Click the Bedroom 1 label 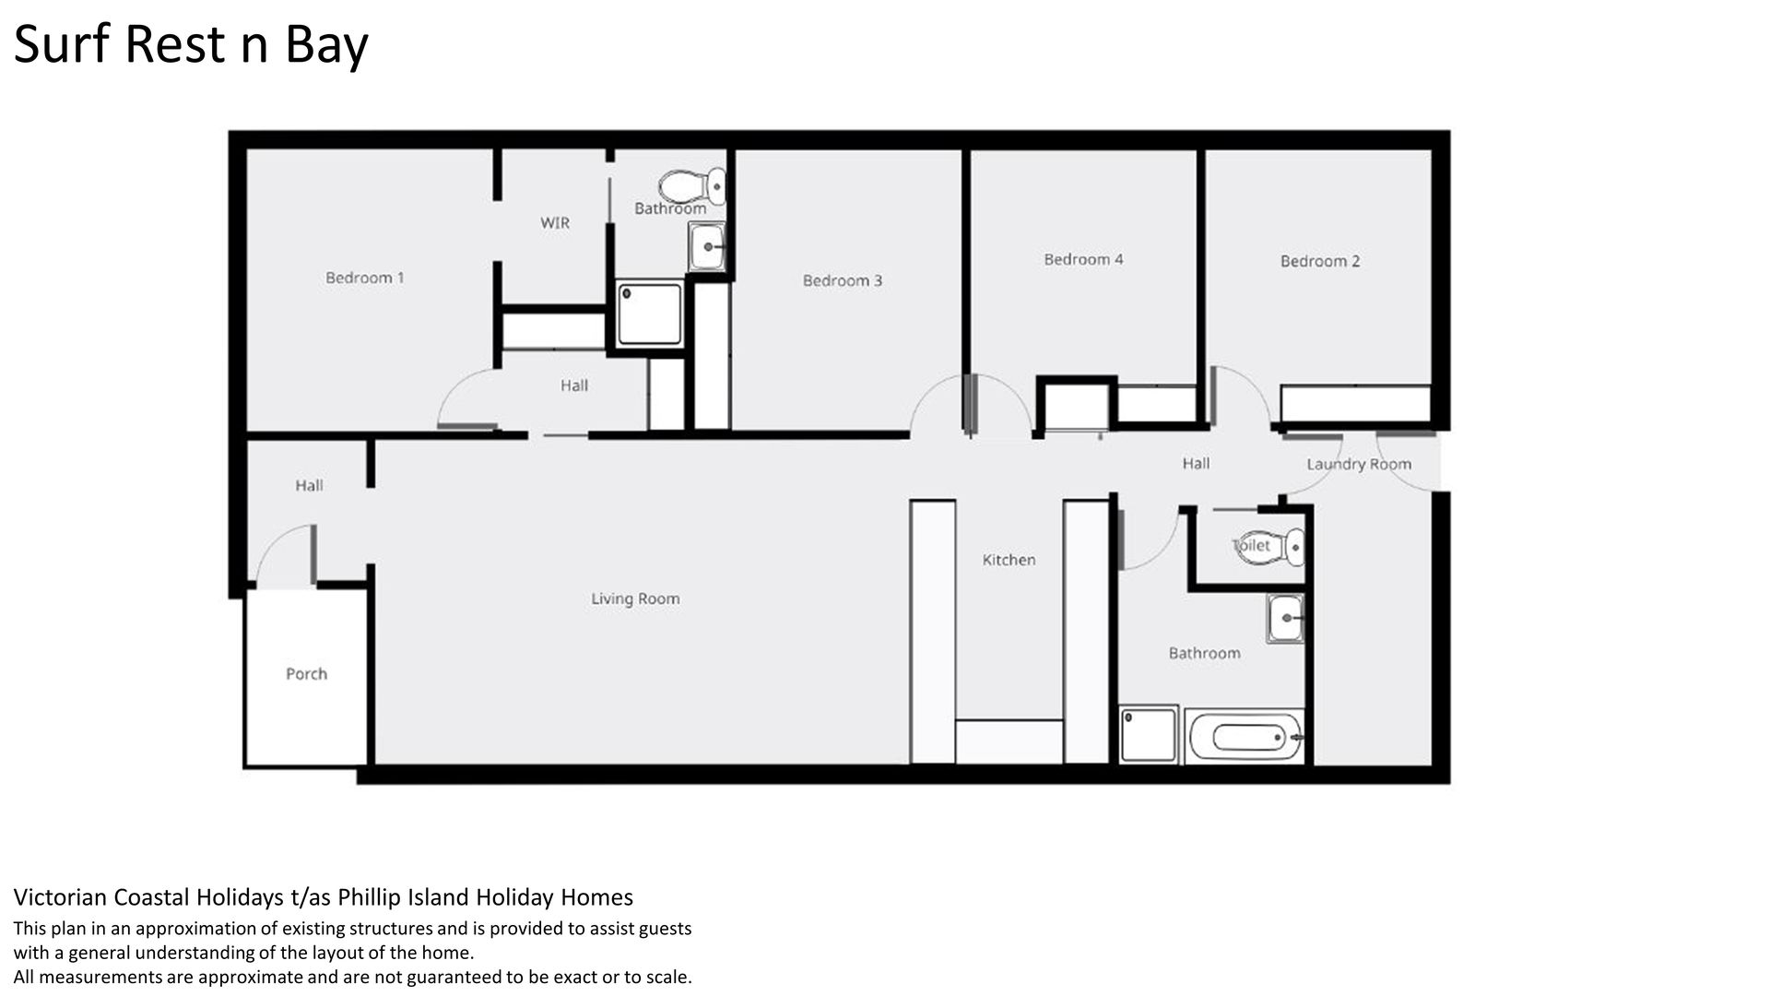(x=365, y=278)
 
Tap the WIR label (x=555, y=223)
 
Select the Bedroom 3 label (x=843, y=280)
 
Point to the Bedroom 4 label (x=1083, y=259)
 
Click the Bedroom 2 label (x=1320, y=261)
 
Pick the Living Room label (x=635, y=599)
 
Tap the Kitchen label (x=1009, y=560)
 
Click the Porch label (x=306, y=674)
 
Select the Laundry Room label (x=1359, y=464)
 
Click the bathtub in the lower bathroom (x=1245, y=737)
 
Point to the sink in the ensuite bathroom (x=707, y=246)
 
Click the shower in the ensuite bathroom (x=650, y=314)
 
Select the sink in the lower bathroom (x=1285, y=618)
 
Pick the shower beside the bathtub (x=1149, y=734)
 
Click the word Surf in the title (x=62, y=43)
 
